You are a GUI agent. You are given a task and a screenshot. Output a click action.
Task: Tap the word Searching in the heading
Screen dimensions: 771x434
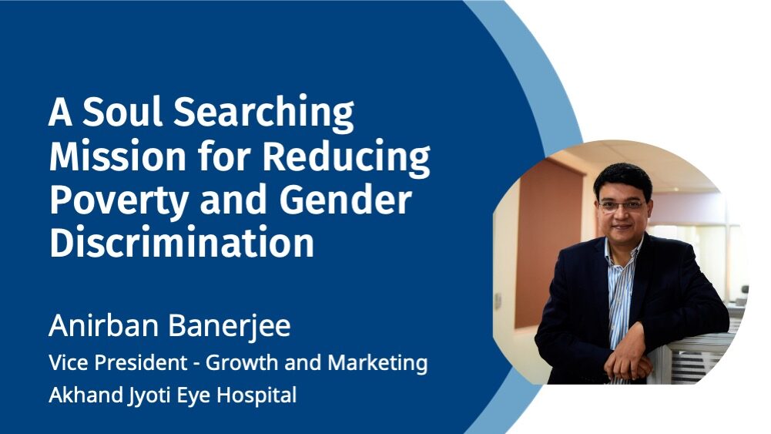pyautogui.click(x=263, y=113)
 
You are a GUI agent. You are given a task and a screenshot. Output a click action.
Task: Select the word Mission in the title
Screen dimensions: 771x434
pyautogui.click(x=118, y=156)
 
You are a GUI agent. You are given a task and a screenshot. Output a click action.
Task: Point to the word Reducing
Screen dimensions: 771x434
pyautogui.click(x=346, y=157)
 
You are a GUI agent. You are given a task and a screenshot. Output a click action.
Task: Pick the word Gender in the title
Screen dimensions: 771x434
pyautogui.click(x=345, y=200)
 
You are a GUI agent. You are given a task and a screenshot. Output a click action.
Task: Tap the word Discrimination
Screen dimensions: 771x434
pyautogui.click(x=182, y=241)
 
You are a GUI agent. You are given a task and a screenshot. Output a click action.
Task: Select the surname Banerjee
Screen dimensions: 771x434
pyautogui.click(x=230, y=326)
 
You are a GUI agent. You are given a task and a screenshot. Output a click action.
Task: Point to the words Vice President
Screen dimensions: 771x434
pyautogui.click(x=118, y=362)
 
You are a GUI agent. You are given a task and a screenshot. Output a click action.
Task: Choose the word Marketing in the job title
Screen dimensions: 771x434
pyautogui.click(x=377, y=364)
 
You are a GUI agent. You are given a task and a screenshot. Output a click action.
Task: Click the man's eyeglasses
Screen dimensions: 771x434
pyautogui.click(x=622, y=206)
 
